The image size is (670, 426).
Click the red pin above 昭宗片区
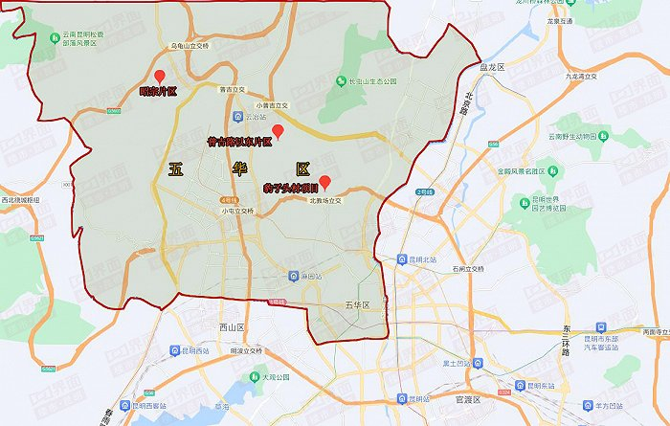160,77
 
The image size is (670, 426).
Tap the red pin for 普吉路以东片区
279,130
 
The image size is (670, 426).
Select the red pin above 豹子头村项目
324,181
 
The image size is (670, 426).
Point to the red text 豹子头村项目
290,190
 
